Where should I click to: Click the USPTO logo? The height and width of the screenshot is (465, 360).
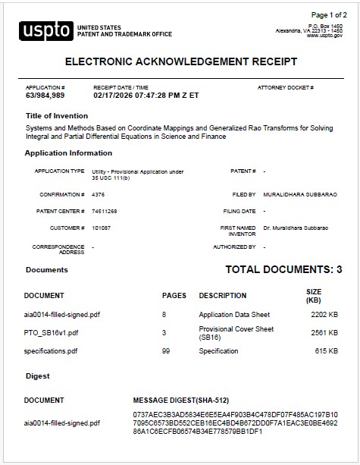[x=47, y=30]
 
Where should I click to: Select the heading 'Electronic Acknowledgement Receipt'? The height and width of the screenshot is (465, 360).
[x=181, y=61]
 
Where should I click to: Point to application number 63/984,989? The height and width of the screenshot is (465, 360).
[x=45, y=96]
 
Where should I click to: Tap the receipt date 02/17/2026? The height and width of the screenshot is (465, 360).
[x=115, y=96]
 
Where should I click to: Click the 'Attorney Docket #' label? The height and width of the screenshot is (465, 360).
[x=285, y=88]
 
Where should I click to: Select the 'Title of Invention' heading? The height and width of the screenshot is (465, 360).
[x=56, y=115]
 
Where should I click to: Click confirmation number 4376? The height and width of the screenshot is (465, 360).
[x=98, y=195]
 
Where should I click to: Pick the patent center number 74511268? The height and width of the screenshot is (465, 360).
[x=104, y=211]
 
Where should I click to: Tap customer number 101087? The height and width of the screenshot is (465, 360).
[x=101, y=228]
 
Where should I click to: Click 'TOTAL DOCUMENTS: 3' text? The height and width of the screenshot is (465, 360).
[x=283, y=269]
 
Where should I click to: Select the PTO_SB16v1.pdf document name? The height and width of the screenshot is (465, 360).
[x=51, y=332]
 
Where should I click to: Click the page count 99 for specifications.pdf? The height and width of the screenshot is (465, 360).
[x=166, y=351]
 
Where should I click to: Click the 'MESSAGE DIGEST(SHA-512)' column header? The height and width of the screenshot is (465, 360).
[x=181, y=400]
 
